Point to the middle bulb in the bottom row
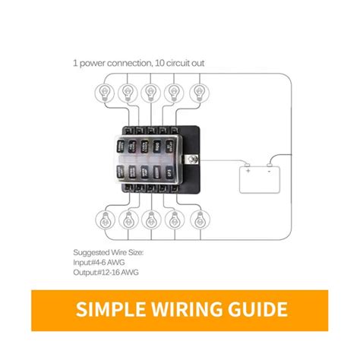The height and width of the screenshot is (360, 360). pyautogui.click(x=150, y=223)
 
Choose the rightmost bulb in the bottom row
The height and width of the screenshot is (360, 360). pyautogui.click(x=200, y=223)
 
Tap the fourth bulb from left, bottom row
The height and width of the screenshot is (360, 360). pyautogui.click(x=175, y=223)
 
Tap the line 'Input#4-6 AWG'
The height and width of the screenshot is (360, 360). pyautogui.click(x=99, y=262)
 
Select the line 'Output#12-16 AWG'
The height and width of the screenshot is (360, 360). pyautogui.click(x=106, y=272)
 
